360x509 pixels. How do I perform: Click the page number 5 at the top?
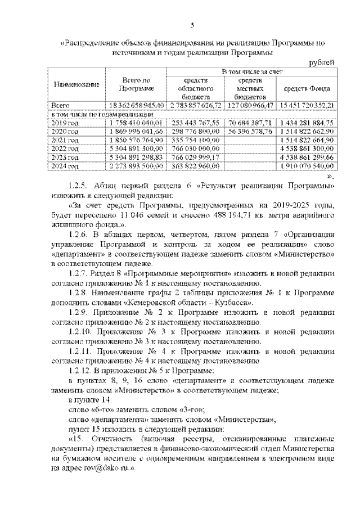[191, 25]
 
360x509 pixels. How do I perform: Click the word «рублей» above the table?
[323, 62]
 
